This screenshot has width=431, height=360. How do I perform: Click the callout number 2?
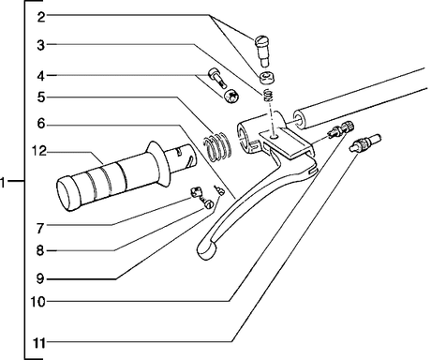click(x=41, y=17)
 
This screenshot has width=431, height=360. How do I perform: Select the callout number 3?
click(x=41, y=45)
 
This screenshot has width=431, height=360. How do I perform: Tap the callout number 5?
click(x=41, y=97)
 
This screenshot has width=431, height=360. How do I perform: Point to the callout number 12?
click(x=39, y=151)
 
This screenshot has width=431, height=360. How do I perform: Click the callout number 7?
click(x=40, y=229)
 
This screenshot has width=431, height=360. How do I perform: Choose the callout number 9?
click(x=40, y=278)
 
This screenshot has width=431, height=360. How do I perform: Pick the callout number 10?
click(x=37, y=302)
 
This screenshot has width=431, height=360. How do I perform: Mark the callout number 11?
click(x=39, y=343)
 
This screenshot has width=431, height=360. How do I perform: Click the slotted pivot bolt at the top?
click(x=263, y=50)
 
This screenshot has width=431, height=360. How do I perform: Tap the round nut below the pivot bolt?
click(x=267, y=78)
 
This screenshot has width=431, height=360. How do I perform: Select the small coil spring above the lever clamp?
click(x=268, y=95)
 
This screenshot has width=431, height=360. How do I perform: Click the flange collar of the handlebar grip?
click(x=159, y=164)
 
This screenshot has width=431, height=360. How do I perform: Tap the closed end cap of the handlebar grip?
click(x=67, y=194)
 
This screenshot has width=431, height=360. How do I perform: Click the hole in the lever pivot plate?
click(x=275, y=136)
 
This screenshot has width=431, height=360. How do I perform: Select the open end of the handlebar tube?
click(x=299, y=120)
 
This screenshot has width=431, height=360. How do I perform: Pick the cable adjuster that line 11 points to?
click(x=365, y=142)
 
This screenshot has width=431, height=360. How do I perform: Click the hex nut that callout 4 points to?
click(x=231, y=96)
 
